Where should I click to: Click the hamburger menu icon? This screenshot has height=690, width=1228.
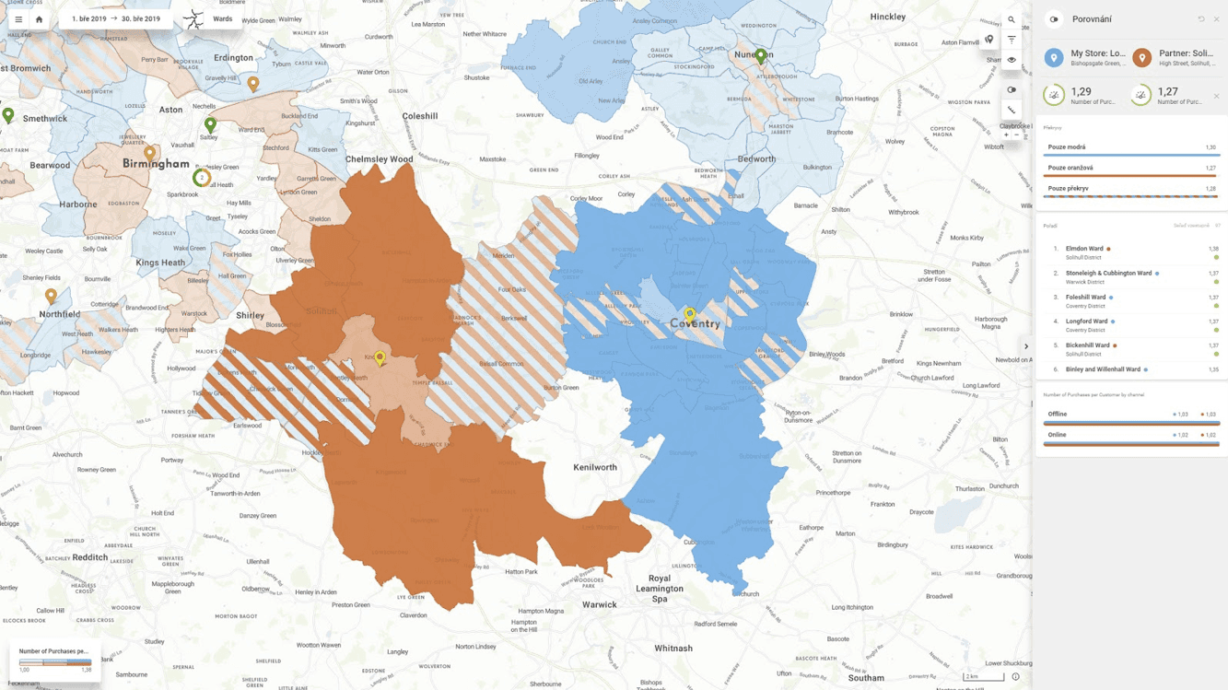click(x=18, y=19)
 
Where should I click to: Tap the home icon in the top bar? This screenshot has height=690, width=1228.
click(x=39, y=19)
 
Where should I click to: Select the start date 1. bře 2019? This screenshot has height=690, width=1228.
click(x=89, y=18)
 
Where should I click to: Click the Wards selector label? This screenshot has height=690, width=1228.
click(x=222, y=18)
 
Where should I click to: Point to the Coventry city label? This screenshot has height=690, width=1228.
click(x=696, y=324)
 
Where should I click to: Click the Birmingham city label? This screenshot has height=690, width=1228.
click(x=156, y=164)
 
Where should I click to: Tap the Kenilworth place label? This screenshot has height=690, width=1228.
click(x=594, y=467)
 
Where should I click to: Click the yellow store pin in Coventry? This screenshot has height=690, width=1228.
click(x=689, y=314)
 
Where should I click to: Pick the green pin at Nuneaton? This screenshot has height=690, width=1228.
click(x=760, y=56)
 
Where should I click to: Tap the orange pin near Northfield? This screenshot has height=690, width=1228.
click(x=51, y=296)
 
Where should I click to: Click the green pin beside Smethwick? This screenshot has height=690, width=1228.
click(x=8, y=115)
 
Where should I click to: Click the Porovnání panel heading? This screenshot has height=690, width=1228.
click(x=1092, y=19)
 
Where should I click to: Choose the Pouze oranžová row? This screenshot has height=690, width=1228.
click(x=1130, y=168)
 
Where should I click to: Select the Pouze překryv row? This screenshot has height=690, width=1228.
click(x=1130, y=189)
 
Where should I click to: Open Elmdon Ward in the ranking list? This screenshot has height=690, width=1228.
click(x=1084, y=249)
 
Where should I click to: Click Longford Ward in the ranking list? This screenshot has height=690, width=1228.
click(x=1086, y=322)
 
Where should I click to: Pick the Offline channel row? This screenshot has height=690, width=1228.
click(x=1057, y=415)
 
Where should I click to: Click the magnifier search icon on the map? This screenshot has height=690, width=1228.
click(x=1012, y=19)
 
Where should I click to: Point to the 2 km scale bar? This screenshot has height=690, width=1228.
click(x=983, y=677)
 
